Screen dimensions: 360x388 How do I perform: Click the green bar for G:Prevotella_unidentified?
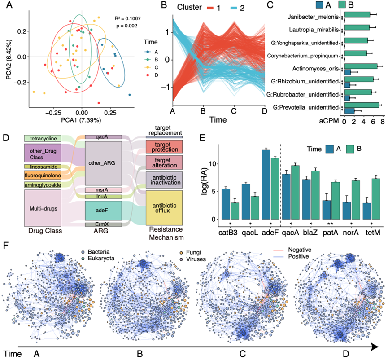(362, 107)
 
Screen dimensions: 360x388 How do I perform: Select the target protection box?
(164, 147)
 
